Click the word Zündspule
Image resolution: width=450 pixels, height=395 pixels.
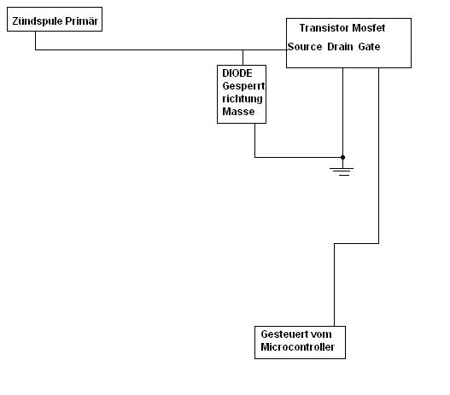(38, 21)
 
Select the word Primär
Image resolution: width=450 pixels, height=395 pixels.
(81, 21)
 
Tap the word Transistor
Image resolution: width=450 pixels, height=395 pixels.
(324, 28)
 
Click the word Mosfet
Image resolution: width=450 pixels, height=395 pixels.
(369, 28)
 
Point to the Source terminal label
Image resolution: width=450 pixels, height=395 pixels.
(305, 47)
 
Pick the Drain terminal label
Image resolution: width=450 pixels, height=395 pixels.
(340, 47)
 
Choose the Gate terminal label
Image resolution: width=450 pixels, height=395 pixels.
(369, 47)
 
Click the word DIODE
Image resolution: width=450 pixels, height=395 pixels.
(237, 73)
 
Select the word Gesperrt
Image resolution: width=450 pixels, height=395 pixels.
(243, 86)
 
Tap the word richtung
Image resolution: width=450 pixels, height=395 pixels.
(243, 99)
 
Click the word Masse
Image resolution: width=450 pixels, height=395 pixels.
(238, 112)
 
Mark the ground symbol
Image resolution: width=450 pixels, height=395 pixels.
(342, 171)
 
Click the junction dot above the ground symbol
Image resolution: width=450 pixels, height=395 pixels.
(342, 157)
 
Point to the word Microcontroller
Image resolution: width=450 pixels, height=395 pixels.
(298, 347)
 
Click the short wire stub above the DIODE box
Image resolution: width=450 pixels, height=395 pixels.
(243, 58)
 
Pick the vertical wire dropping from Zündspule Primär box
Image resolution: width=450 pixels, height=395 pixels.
(36, 40)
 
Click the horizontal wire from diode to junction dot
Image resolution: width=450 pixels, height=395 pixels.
(299, 157)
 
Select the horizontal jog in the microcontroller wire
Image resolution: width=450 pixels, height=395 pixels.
(356, 244)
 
